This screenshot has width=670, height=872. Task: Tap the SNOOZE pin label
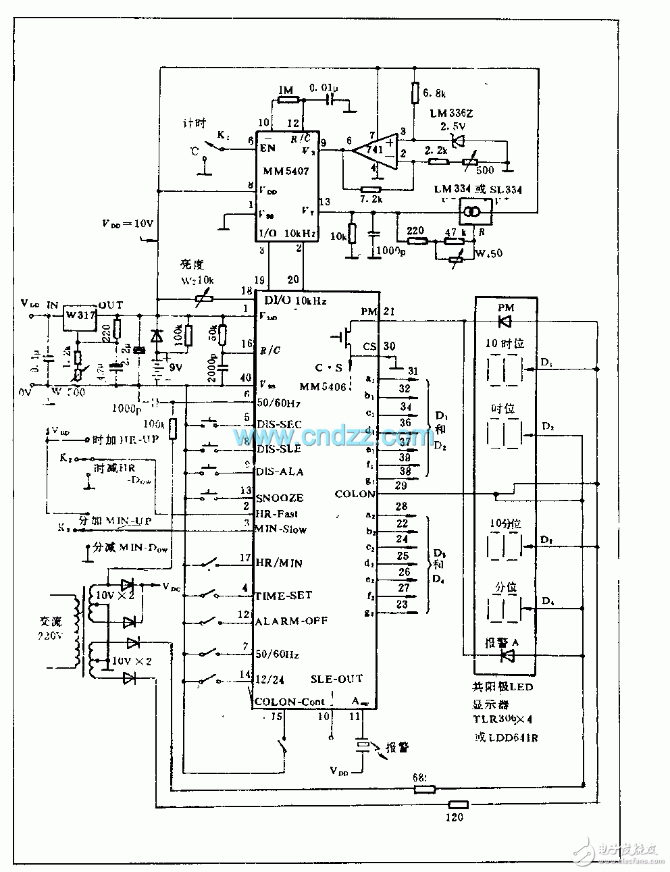[280, 498]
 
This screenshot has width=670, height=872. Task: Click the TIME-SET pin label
[283, 596]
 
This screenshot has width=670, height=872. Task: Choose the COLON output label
[355, 494]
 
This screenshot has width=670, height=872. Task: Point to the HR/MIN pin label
[278, 562]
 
